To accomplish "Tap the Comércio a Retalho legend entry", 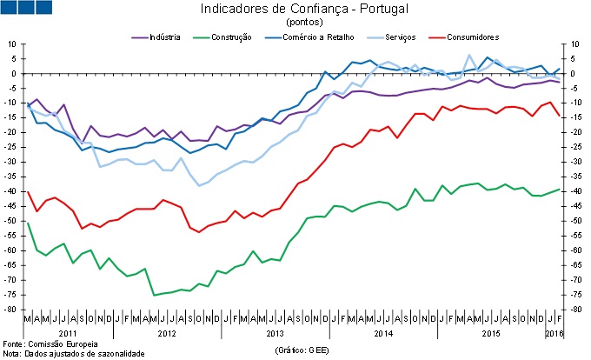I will tap(312, 38).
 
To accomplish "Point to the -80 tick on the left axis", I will tap(11, 310).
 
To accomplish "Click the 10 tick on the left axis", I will tap(13, 43).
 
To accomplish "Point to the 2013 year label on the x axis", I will tap(276, 334).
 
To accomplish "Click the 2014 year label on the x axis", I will tap(383, 334).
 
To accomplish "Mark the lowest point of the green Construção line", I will tap(155, 295).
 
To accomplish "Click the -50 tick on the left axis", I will tap(11, 221).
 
